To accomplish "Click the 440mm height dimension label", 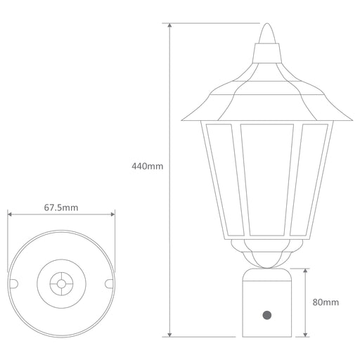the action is point(147,167).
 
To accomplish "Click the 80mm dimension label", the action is point(326,302).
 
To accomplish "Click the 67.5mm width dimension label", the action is point(61,207).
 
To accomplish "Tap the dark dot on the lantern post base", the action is point(267,315).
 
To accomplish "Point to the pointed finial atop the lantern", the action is point(267,33).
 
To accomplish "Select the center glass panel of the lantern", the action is point(267,180).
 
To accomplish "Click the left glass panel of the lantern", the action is point(224,180).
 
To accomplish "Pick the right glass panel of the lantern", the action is point(309,180).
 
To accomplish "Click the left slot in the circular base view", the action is point(13,283).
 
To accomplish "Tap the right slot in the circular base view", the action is point(109,283).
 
